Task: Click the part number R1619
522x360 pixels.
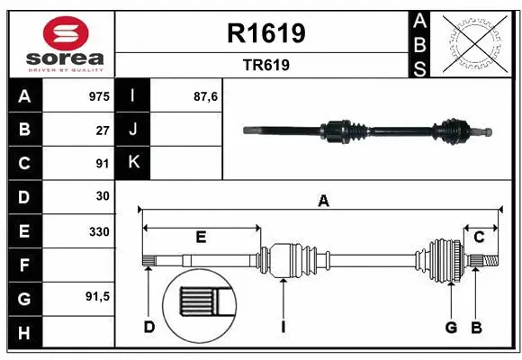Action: click(x=264, y=33)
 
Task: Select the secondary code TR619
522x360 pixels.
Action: click(x=264, y=66)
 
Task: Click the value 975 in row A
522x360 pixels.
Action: click(x=98, y=95)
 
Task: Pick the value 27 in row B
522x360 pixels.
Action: click(x=102, y=130)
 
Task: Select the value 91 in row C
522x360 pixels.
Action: click(x=102, y=164)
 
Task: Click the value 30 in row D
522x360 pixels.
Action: click(x=102, y=197)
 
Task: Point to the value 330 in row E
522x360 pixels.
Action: click(x=98, y=231)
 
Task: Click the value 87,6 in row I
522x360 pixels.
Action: click(x=206, y=95)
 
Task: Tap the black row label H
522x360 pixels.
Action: click(x=23, y=333)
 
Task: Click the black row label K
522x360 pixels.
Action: click(x=132, y=163)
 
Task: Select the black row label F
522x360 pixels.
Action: click(x=23, y=265)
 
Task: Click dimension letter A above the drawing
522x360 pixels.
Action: click(x=323, y=202)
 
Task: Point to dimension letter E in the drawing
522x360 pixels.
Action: click(x=201, y=238)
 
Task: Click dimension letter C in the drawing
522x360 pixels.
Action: click(x=479, y=238)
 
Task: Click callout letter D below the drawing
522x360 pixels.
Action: click(x=149, y=327)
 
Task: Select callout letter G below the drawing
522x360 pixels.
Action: click(x=451, y=327)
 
